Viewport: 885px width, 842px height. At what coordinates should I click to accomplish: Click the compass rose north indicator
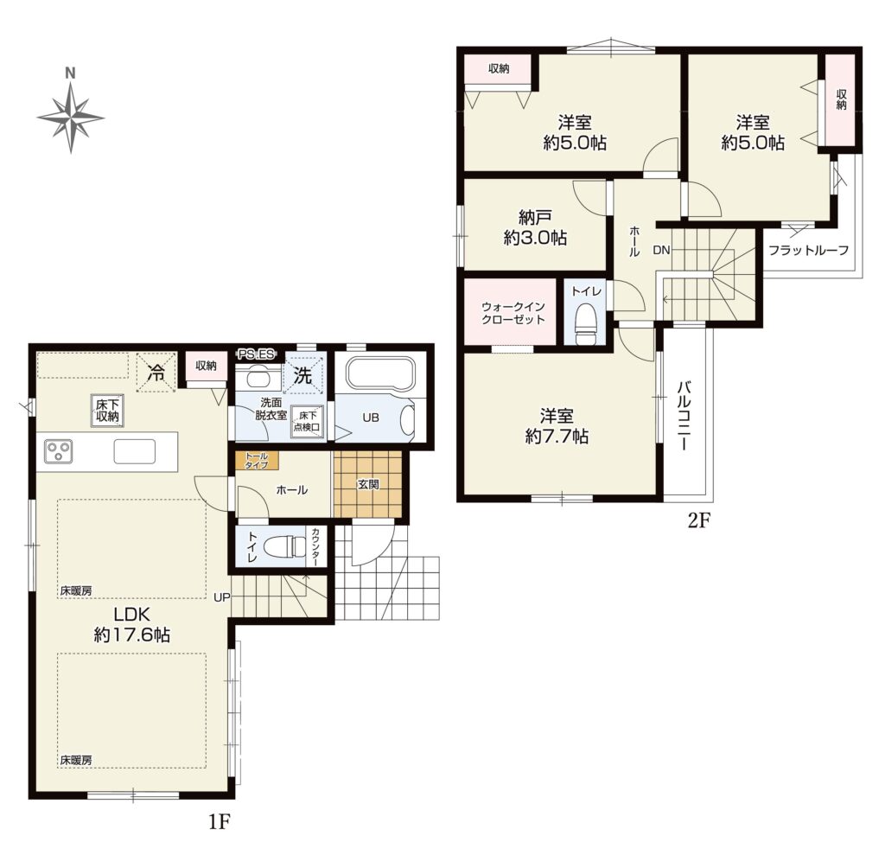(71, 73)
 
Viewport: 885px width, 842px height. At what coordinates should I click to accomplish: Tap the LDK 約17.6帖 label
(131, 624)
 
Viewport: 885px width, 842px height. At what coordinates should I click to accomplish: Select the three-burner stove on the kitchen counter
(58, 451)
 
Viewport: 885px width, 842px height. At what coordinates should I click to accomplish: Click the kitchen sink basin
(135, 451)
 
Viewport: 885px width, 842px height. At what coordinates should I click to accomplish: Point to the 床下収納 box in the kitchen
(106, 411)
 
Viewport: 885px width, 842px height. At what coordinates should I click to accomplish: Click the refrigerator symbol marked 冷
(156, 372)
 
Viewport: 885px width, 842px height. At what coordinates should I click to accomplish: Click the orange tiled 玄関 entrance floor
(367, 483)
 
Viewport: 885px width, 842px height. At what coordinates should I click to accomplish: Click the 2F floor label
(697, 520)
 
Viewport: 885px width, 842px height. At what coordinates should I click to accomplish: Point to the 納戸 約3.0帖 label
(535, 227)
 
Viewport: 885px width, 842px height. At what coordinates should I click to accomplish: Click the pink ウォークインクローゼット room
(513, 312)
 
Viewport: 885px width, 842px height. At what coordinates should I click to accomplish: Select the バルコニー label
(684, 415)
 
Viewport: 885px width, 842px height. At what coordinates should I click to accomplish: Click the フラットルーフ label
(808, 250)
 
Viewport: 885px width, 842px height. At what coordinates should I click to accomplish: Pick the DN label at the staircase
(661, 250)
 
